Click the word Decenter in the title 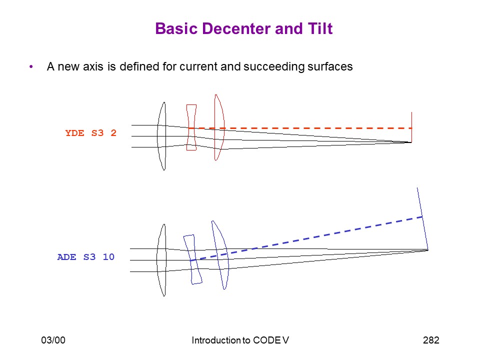pos(236,29)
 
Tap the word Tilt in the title pos(320,29)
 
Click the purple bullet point pos(31,66)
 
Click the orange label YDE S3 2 pos(90,133)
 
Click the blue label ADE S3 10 pos(85,257)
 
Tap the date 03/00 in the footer pos(53,340)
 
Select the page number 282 pos(431,340)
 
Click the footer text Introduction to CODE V pos(240,340)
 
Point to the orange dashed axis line pos(304,128)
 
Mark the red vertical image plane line pos(411,127)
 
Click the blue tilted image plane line pos(422,218)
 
